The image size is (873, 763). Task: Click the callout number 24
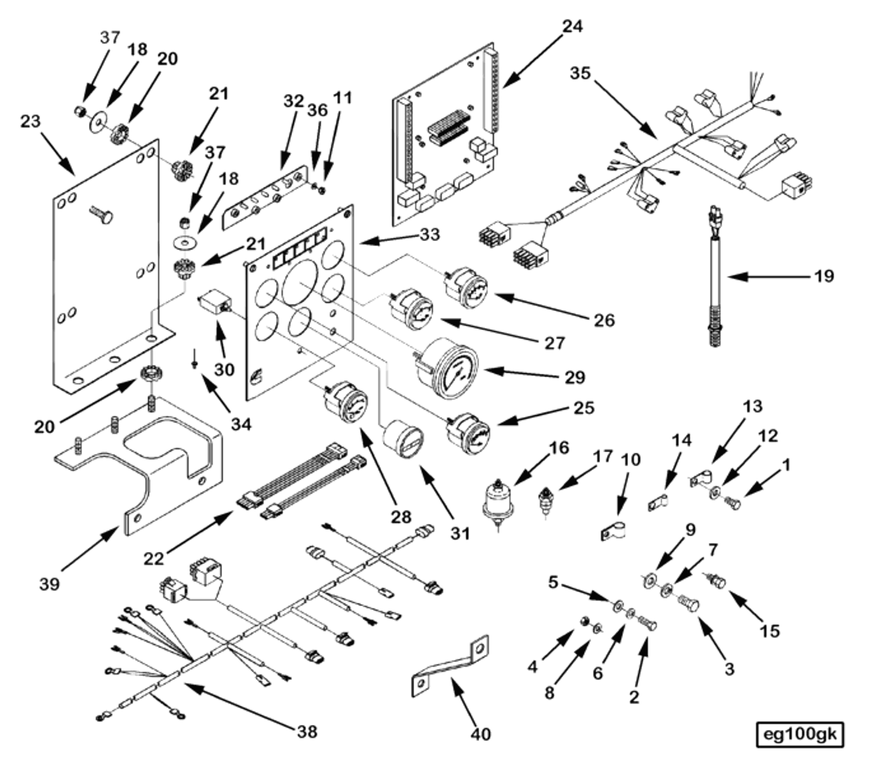573,25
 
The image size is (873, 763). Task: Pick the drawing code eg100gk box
800,734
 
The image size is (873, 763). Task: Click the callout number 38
307,731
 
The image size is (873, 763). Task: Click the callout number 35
580,73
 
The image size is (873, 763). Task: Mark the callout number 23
30,121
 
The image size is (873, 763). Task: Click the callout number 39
49,583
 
